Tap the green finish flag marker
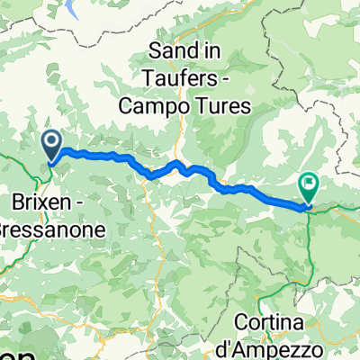[x=310, y=186]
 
